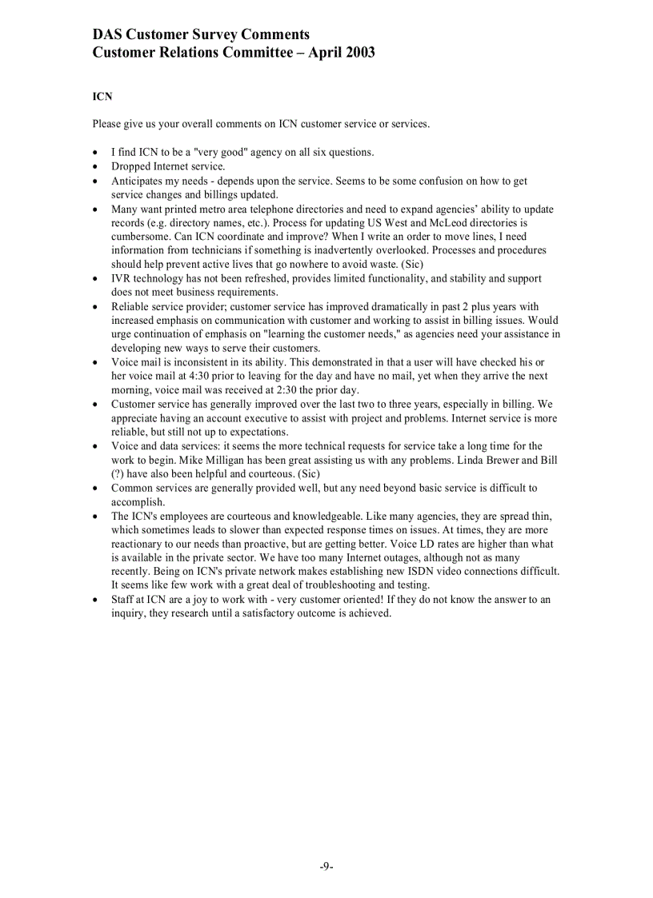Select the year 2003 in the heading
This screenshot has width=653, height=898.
[x=358, y=53]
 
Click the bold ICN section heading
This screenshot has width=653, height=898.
[x=102, y=97]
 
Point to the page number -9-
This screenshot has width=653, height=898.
[x=326, y=866]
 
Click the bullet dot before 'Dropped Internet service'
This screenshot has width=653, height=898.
[x=96, y=167]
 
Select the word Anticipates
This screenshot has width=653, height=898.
[x=138, y=182]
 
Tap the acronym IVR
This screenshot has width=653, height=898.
[x=122, y=278]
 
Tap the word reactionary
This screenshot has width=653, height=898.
[x=139, y=544]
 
